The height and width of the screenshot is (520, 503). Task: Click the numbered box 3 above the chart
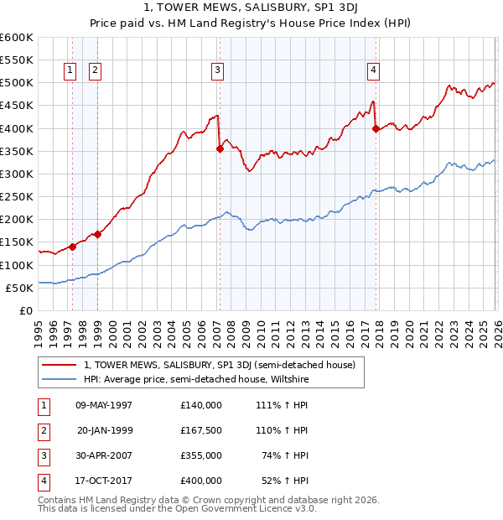(217, 71)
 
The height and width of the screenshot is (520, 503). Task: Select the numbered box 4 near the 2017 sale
(372, 71)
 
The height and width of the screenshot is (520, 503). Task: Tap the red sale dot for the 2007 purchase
(220, 149)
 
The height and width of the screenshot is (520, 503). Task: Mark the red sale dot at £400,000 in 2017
(376, 128)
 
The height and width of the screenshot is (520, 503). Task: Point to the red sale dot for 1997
(72, 247)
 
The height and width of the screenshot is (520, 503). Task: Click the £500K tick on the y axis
(17, 83)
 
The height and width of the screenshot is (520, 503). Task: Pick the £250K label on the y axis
(17, 197)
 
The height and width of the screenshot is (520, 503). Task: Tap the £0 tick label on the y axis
(25, 311)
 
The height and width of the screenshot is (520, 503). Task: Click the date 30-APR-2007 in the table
(102, 457)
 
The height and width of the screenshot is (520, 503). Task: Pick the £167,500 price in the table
(201, 431)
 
